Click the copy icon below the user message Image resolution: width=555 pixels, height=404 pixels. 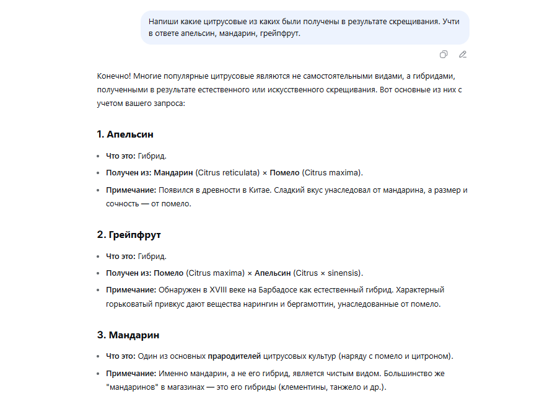point(444,55)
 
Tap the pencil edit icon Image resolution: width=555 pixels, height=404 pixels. point(462,55)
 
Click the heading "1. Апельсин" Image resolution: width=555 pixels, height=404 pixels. point(125,134)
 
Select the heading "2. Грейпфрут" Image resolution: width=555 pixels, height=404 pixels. point(129,235)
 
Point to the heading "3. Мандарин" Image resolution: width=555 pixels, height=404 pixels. point(128,335)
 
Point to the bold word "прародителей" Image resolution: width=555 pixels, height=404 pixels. point(234,356)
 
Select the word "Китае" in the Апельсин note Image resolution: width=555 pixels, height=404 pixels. point(251,189)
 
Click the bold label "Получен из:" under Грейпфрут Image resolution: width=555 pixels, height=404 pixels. point(129,273)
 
